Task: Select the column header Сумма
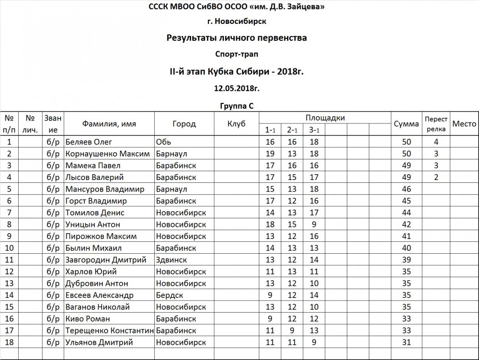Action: click(406, 124)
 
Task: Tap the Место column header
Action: click(464, 124)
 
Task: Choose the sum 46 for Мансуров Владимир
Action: click(406, 189)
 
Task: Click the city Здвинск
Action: click(171, 260)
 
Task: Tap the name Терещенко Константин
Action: click(109, 331)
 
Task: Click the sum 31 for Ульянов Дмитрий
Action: click(406, 342)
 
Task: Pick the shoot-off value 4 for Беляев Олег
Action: click(436, 142)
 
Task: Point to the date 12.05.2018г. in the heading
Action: click(237, 88)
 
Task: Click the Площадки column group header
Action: click(325, 118)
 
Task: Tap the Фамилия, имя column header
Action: click(109, 124)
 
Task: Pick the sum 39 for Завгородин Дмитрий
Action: click(406, 260)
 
